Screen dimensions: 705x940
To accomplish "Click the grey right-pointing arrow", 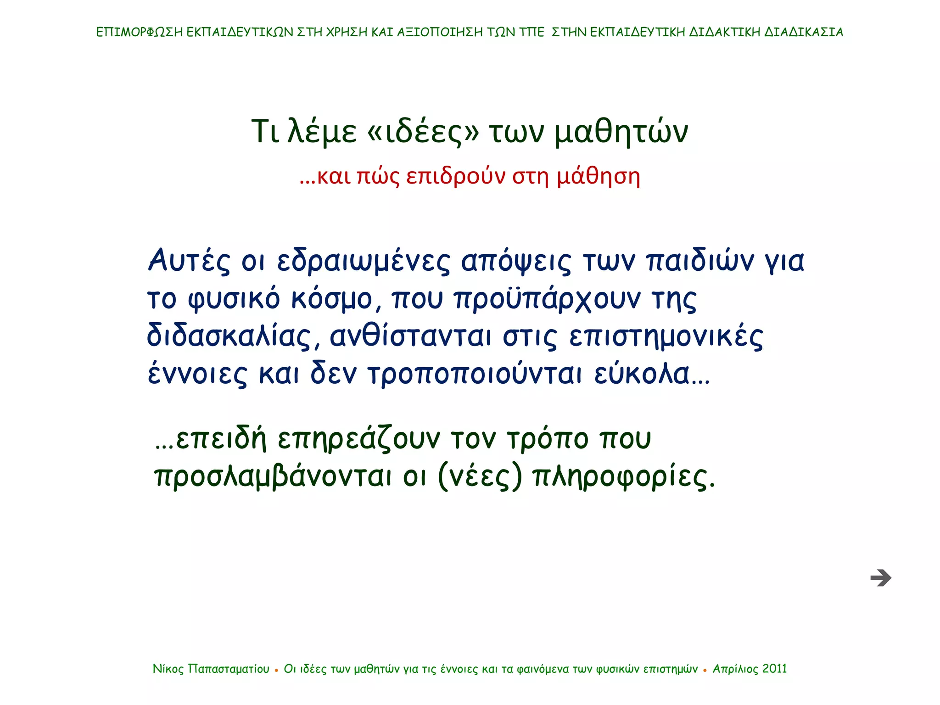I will click(880, 578).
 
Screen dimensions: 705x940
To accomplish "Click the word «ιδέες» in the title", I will click(423, 132).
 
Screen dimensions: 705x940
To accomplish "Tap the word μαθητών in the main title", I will click(621, 132).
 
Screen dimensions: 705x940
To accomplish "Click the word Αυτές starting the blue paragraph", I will click(189, 261).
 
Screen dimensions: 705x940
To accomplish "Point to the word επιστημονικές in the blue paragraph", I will click(666, 336).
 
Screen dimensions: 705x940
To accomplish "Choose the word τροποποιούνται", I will click(476, 374).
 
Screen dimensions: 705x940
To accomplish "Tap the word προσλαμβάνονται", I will click(273, 477).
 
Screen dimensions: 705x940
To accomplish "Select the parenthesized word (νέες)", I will click(480, 477).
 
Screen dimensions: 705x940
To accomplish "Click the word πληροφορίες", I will click(623, 477).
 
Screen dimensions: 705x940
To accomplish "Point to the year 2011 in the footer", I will click(774, 669).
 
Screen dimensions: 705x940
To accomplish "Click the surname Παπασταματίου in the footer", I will click(229, 669).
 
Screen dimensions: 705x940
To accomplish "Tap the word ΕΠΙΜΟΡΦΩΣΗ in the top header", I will click(139, 32).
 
